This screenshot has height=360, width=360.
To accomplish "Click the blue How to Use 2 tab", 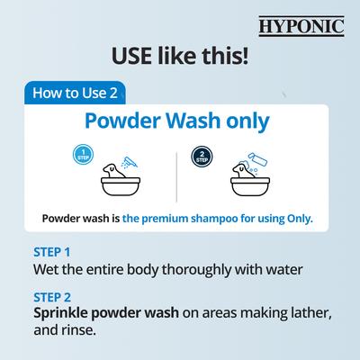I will [77, 91].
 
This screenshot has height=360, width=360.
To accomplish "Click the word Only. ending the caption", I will [298, 219].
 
